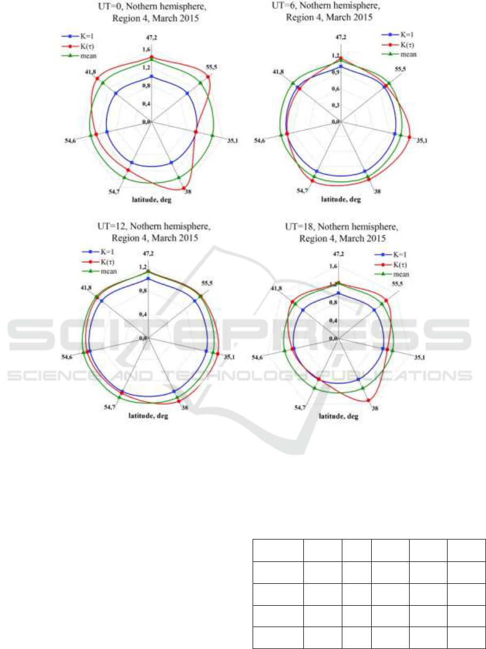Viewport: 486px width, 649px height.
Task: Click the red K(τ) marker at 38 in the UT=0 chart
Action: (x=184, y=188)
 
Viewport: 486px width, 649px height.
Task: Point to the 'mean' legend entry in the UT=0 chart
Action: (x=79, y=56)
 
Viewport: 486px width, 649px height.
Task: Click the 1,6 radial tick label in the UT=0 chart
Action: (x=146, y=49)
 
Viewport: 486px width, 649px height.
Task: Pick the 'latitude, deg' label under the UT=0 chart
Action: (x=152, y=200)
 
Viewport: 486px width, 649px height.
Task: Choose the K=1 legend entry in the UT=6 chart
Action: (x=397, y=35)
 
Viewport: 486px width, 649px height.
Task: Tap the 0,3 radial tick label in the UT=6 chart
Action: (x=335, y=105)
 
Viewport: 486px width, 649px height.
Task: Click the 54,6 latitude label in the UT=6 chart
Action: (x=259, y=140)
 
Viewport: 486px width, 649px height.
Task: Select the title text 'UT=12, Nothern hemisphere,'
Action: (x=154, y=226)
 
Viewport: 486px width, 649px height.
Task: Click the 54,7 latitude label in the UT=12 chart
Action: (x=109, y=407)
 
